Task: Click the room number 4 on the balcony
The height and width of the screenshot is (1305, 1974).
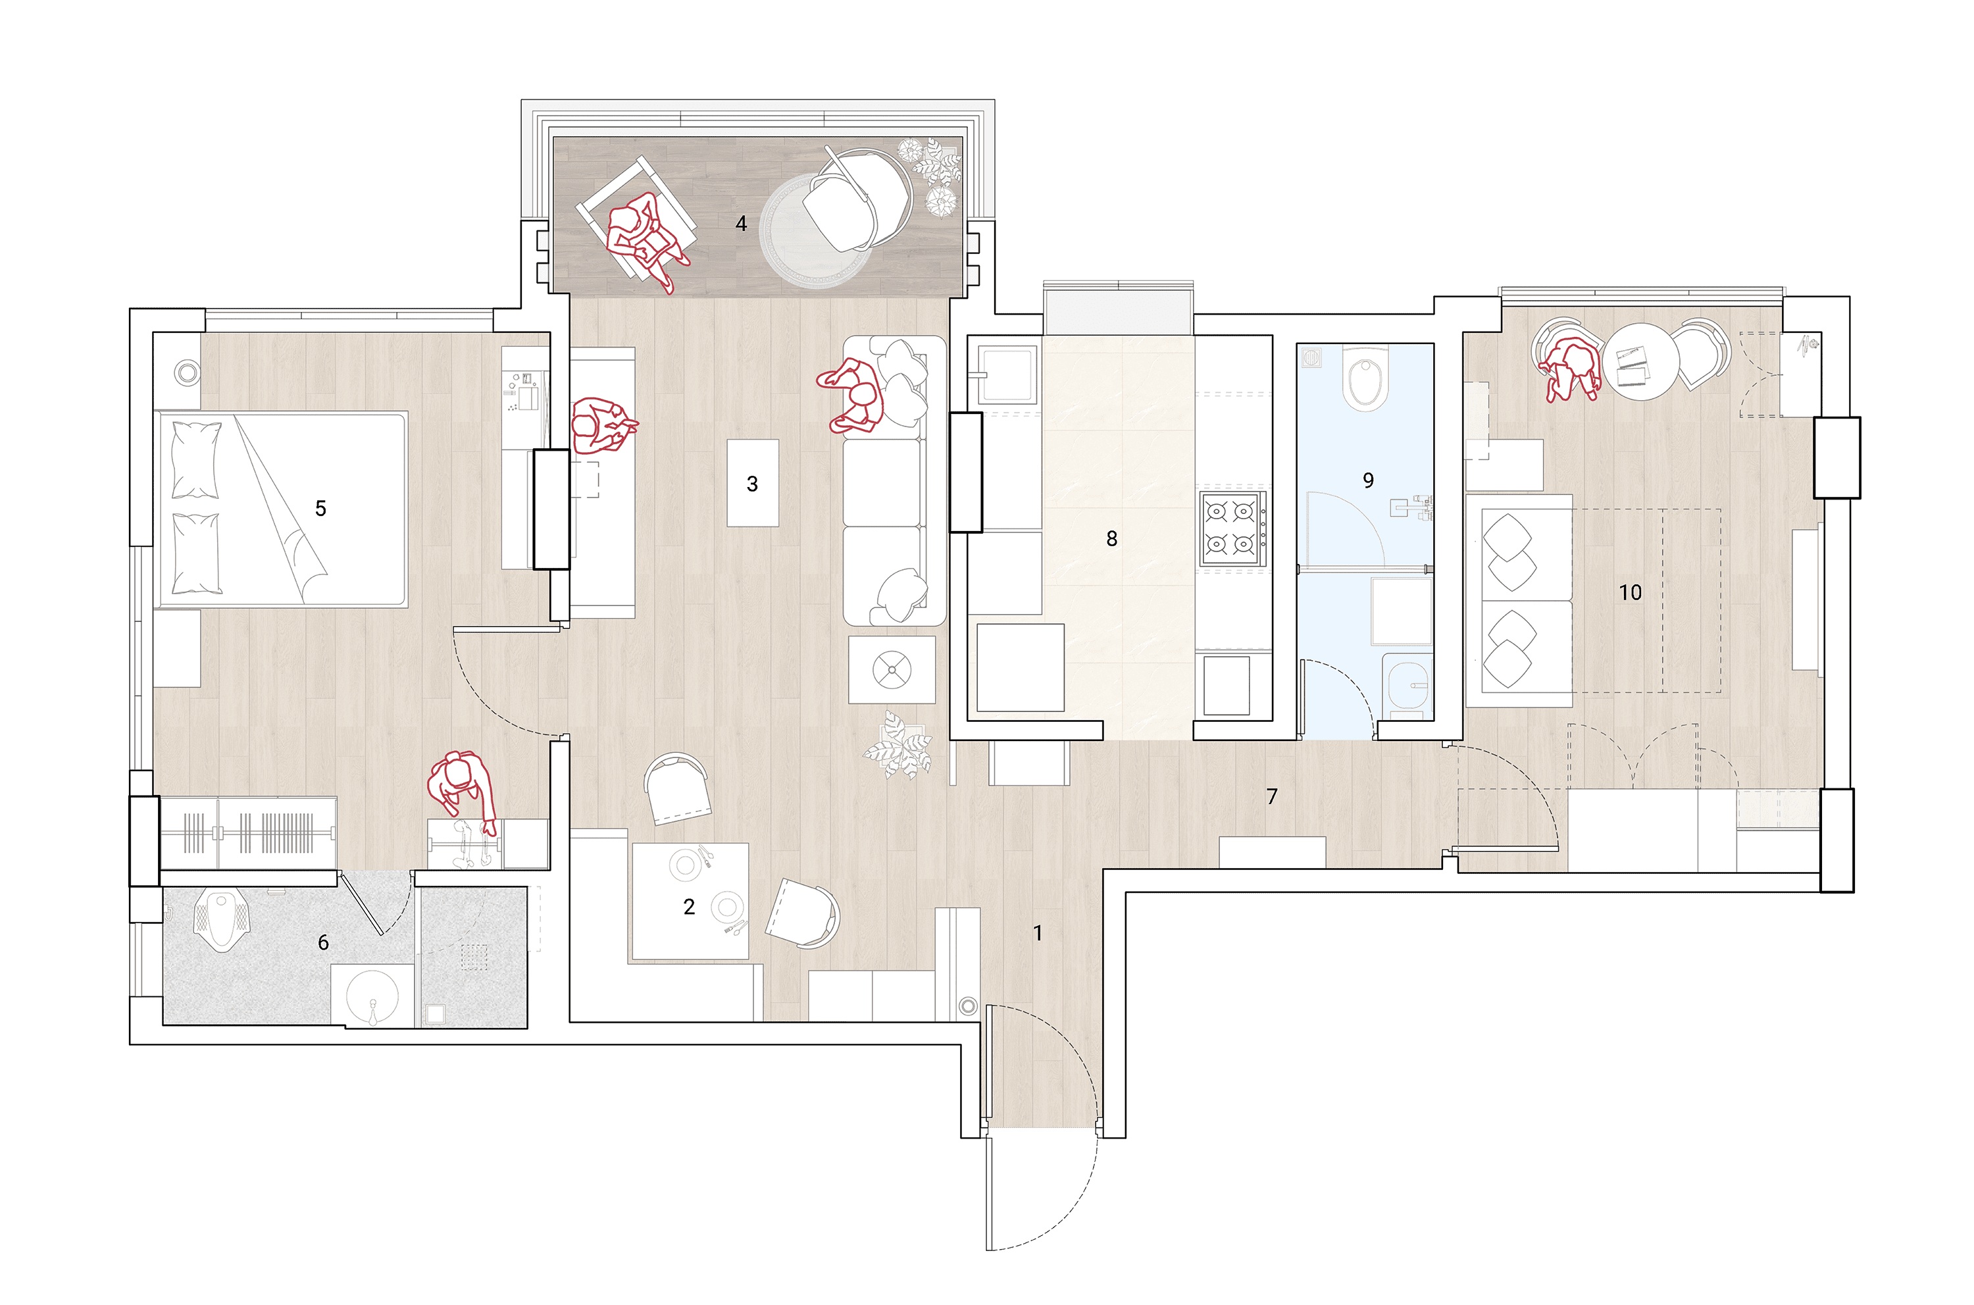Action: (741, 223)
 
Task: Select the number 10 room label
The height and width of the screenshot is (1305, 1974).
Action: (1629, 592)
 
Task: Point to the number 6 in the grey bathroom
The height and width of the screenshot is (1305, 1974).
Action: (323, 942)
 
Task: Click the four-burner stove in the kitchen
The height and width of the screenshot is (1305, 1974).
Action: (1232, 528)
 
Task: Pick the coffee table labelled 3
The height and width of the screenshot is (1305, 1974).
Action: (752, 483)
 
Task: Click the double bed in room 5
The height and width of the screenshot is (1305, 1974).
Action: (281, 509)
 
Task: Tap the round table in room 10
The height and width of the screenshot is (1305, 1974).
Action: (1641, 361)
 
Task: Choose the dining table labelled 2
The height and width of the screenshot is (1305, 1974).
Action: (690, 902)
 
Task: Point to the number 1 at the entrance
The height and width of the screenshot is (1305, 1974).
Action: (1037, 933)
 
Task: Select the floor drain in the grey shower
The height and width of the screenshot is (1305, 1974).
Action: (474, 957)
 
